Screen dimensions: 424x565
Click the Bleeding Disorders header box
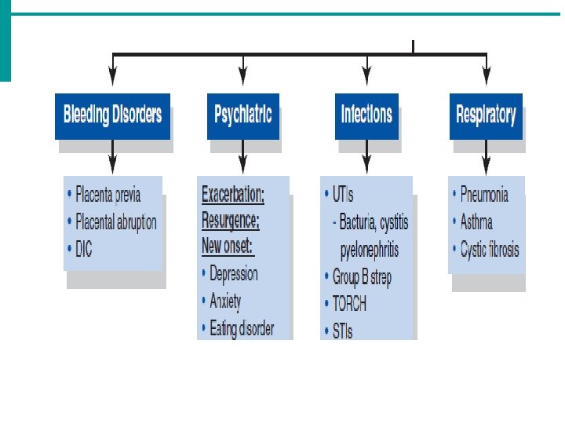pos(112,115)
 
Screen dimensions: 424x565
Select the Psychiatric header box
pos(242,115)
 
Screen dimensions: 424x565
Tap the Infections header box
pos(366,115)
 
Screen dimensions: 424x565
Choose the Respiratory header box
pos(486,115)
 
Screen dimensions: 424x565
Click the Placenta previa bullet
pos(115,194)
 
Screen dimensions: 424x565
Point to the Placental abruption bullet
pos(116,221)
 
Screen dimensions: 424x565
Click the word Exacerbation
pos(233,194)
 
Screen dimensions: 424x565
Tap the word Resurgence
pos(230,220)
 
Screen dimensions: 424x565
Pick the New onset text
pos(228,246)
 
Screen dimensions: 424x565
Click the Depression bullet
pos(233,274)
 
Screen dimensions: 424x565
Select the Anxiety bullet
pos(225,301)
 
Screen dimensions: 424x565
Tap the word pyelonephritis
pos(369,250)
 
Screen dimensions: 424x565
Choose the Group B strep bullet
pos(361,277)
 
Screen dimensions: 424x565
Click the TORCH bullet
pos(348,304)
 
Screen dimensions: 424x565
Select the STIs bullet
pos(341,331)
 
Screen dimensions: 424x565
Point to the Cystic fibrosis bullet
pos(489,250)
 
